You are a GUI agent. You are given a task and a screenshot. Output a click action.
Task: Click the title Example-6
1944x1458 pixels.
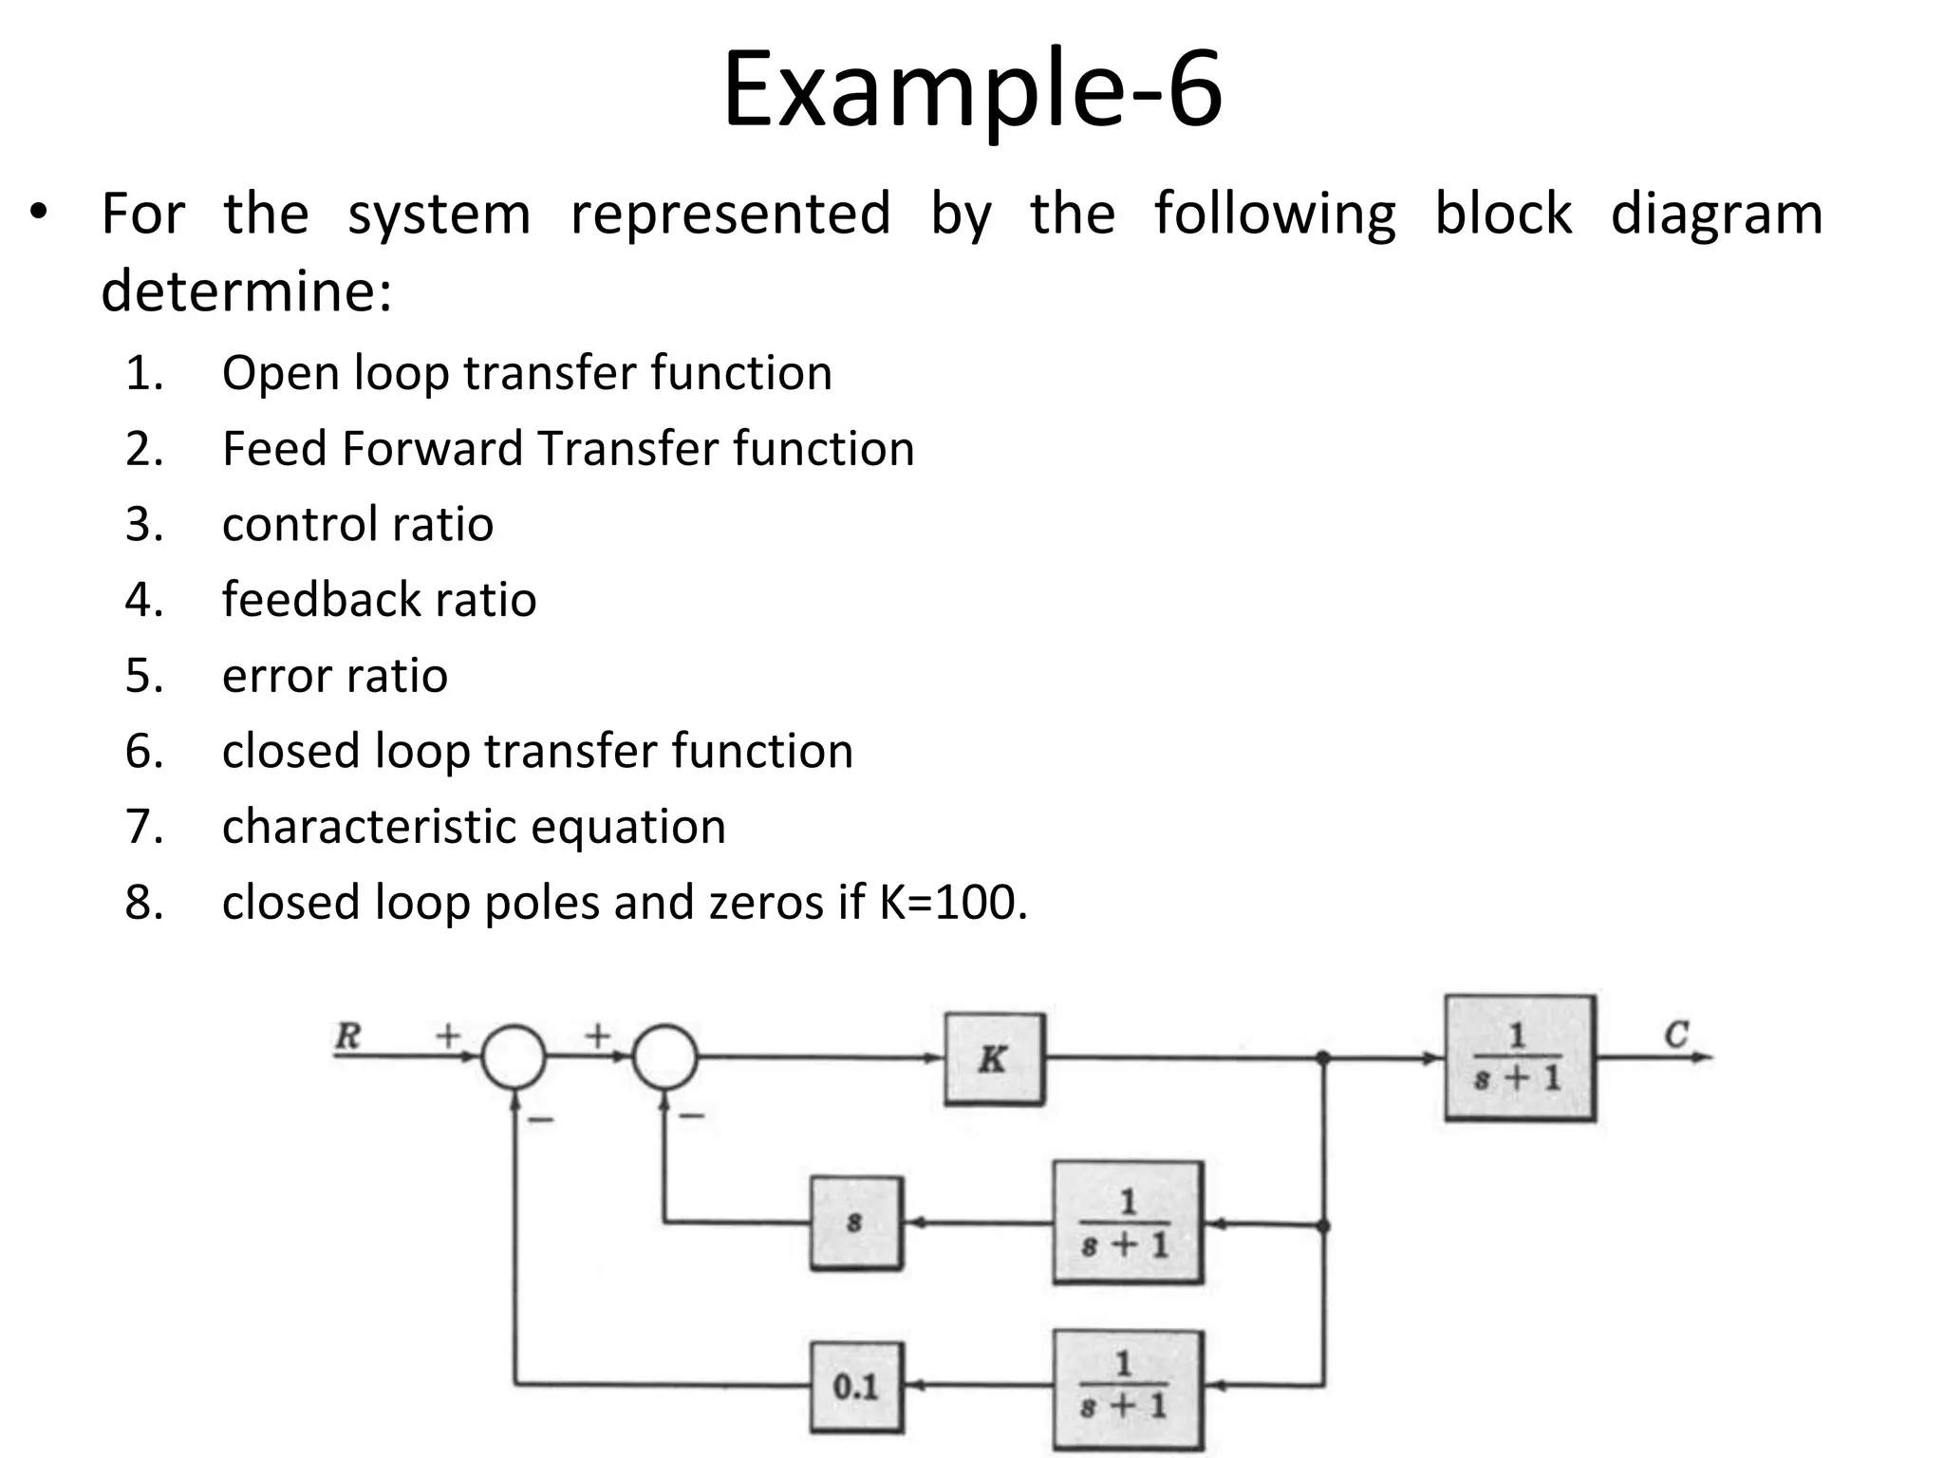972,90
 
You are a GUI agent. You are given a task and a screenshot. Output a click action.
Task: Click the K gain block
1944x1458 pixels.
994,1058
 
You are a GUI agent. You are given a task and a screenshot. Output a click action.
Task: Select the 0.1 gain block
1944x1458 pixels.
856,1387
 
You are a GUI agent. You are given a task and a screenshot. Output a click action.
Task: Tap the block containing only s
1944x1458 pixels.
855,1223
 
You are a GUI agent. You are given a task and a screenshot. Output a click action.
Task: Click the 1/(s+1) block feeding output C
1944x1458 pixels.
1519,1057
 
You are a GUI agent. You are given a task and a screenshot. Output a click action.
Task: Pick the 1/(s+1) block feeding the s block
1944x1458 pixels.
1127,1223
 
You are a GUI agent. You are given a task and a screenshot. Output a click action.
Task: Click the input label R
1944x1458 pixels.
348,1035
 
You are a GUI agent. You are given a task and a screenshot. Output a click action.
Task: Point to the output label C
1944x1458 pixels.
1676,1034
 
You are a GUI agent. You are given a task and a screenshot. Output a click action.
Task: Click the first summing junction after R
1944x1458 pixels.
514,1057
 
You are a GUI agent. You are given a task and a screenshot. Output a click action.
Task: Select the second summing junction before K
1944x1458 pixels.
665,1057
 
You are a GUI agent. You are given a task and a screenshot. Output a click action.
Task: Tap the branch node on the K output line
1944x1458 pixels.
1323,1057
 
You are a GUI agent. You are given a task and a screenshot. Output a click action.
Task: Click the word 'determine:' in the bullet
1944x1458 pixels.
247,290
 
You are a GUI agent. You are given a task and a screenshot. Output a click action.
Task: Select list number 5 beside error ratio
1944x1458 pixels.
144,676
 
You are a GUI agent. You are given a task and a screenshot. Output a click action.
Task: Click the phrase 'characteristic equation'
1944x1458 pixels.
474,826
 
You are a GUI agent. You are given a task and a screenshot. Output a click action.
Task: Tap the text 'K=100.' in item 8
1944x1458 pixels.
953,902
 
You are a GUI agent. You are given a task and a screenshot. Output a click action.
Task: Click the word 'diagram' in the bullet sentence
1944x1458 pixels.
1716,215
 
